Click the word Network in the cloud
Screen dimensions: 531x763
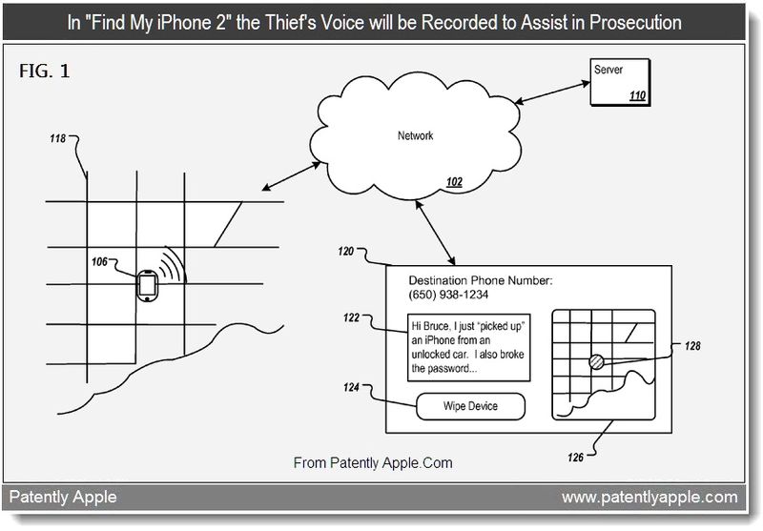pos(415,135)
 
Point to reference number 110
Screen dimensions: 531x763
pos(637,96)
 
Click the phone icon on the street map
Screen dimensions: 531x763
pos(146,285)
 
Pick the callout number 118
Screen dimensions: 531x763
pos(58,139)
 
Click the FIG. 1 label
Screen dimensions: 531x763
pos(44,71)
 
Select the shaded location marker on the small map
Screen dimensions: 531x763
pos(595,360)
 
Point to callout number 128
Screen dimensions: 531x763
pos(692,346)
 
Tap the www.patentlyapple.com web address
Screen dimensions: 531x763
pos(649,497)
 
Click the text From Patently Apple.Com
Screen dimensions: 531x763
pos(373,463)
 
